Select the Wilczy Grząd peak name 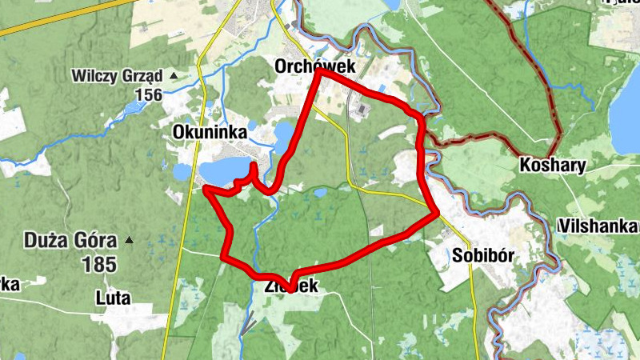tap(117, 77)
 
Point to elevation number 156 tap(149, 95)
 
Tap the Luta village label tap(112, 298)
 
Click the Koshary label tap(553, 166)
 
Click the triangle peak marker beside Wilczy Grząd tap(173, 76)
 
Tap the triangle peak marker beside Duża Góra tap(129, 239)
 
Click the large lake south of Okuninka tap(224, 170)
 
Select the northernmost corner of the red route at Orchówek tap(318, 71)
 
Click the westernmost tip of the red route tap(206, 189)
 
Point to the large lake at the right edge tap(626, 112)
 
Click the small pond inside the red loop tap(320, 192)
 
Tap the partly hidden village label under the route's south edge tap(293, 286)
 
